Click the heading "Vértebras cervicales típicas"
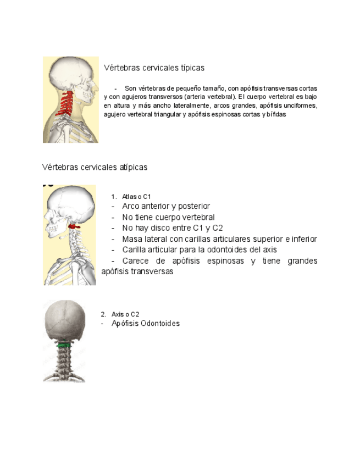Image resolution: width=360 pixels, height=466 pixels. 154,68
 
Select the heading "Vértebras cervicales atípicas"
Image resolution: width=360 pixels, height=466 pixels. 95,167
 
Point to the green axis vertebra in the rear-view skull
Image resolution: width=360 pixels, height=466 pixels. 64,346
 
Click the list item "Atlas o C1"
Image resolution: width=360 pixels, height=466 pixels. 136,197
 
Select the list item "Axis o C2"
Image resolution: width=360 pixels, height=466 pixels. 125,314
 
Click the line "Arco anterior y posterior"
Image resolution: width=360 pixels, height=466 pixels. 166,206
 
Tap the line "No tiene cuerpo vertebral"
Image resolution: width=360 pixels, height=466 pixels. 168,217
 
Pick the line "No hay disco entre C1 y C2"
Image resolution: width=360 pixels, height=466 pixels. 172,228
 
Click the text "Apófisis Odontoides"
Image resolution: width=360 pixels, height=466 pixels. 146,324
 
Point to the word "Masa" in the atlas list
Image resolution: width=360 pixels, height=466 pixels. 132,239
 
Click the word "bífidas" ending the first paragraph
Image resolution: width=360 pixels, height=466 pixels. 276,115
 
